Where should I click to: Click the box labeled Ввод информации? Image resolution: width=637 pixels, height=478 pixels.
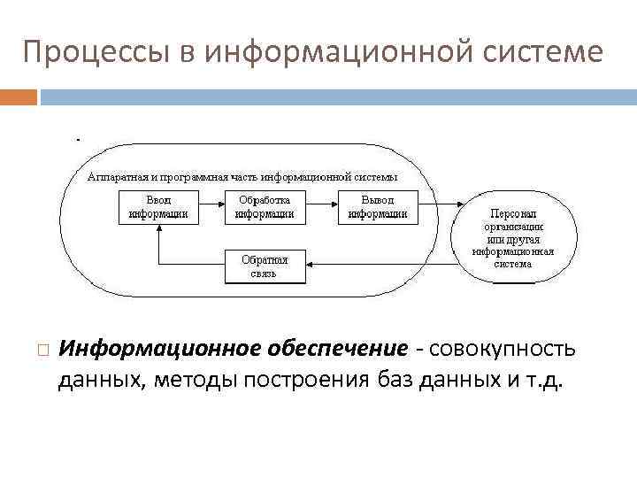pos(157,206)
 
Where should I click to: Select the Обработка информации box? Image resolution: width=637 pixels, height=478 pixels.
pos(265,206)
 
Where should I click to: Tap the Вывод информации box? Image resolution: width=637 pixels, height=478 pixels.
pos(378,206)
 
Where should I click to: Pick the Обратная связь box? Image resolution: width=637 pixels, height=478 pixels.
pos(264,266)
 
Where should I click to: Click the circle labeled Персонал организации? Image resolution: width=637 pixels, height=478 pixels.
pos(513,238)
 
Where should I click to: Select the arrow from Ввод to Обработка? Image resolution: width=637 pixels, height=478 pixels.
pos(211,206)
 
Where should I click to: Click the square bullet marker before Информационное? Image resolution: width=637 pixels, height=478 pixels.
pos(41,349)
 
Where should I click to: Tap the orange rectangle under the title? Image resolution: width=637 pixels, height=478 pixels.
pos(19,96)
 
